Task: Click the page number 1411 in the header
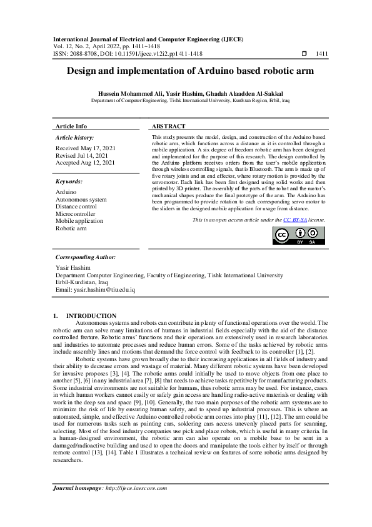click(x=322, y=54)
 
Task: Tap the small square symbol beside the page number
click(x=304, y=54)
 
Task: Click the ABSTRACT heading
click(x=168, y=126)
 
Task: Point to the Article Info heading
click(x=72, y=126)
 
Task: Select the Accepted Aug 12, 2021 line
click(x=85, y=163)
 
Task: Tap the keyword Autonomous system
click(x=81, y=199)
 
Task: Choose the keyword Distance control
click(x=76, y=207)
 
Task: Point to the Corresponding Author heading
click(x=85, y=257)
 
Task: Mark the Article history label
click(x=74, y=137)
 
